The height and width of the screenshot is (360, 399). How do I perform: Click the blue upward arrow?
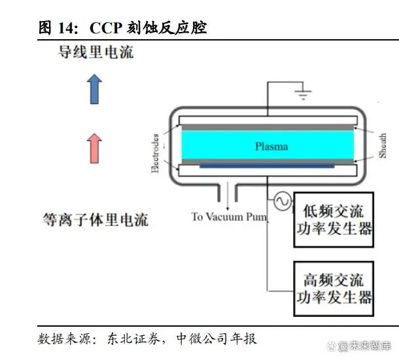point(95,89)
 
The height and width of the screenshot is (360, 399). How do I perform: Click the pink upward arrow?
point(95,148)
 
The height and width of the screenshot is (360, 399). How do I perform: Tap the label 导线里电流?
point(96,52)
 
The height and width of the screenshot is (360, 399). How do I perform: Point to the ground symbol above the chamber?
point(302,95)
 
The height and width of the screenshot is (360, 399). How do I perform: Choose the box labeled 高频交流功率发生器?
point(334,289)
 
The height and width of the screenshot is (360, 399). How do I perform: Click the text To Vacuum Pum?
point(228,217)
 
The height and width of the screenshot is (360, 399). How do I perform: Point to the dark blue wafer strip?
point(268,166)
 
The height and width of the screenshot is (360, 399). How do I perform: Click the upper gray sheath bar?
point(268,127)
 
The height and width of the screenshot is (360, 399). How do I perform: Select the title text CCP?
point(104,27)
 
